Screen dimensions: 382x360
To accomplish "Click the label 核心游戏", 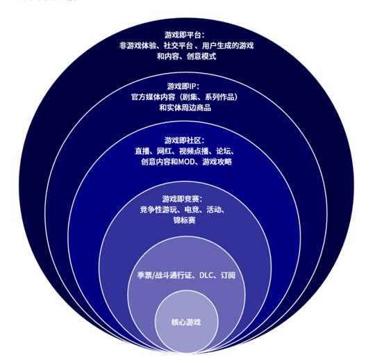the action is pyautogui.click(x=186, y=322).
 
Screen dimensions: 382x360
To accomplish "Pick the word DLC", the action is pyautogui.click(x=206, y=275).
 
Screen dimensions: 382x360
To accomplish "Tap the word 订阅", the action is pyautogui.click(x=228, y=275).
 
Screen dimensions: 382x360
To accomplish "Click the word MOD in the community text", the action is pyautogui.click(x=187, y=162).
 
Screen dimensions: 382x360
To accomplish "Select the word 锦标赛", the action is pyautogui.click(x=185, y=220).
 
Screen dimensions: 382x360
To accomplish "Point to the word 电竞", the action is pyautogui.click(x=192, y=209).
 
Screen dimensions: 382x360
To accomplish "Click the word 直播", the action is pyautogui.click(x=142, y=151).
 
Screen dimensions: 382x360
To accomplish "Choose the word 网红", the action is pyautogui.click(x=164, y=151).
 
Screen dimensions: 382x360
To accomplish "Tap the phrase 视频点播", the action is pyautogui.click(x=194, y=151).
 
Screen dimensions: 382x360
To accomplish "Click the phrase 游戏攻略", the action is pyautogui.click(x=217, y=162).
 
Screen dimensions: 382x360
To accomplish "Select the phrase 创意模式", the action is pyautogui.click(x=201, y=56).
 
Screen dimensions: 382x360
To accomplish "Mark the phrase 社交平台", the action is pyautogui.click(x=178, y=46).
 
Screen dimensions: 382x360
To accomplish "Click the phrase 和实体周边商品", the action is pyautogui.click(x=185, y=108).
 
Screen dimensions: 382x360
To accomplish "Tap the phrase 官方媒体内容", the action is pyautogui.click(x=153, y=97).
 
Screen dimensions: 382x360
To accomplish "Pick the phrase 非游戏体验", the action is pyautogui.click(x=138, y=46).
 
